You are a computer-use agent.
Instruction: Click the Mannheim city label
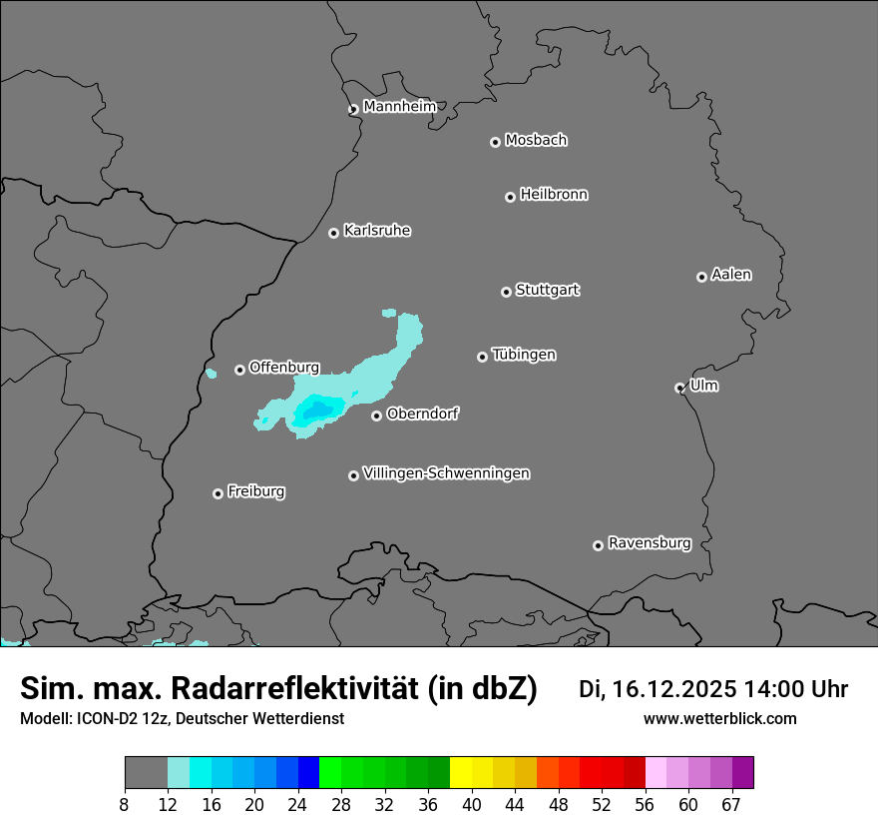pyautogui.click(x=399, y=106)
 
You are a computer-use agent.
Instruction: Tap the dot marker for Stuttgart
pyautogui.click(x=506, y=292)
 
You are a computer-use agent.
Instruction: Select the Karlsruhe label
pyautogui.click(x=377, y=231)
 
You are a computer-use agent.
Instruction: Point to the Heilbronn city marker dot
pyautogui.click(x=510, y=197)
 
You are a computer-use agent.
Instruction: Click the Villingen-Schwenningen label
pyautogui.click(x=446, y=473)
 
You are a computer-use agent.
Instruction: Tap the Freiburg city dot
pyautogui.click(x=218, y=493)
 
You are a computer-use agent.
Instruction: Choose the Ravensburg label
pyautogui.click(x=650, y=543)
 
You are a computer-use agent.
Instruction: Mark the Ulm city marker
pyautogui.click(x=679, y=388)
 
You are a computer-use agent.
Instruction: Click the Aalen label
pyautogui.click(x=731, y=275)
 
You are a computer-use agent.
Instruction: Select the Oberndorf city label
pyautogui.click(x=422, y=414)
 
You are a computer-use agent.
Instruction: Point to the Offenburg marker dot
pyautogui.click(x=239, y=370)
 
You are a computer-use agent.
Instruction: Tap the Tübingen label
pyautogui.click(x=524, y=355)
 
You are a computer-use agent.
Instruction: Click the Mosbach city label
pyautogui.click(x=536, y=140)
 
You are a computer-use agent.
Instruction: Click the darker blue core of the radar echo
pyautogui.click(x=318, y=410)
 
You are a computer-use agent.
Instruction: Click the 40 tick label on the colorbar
pyautogui.click(x=471, y=805)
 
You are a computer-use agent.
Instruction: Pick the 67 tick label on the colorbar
pyautogui.click(x=731, y=805)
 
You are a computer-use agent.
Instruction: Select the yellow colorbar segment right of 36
pyautogui.click(x=460, y=773)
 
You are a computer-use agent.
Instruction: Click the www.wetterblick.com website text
pyautogui.click(x=719, y=718)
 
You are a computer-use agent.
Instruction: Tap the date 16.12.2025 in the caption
pyautogui.click(x=674, y=689)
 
